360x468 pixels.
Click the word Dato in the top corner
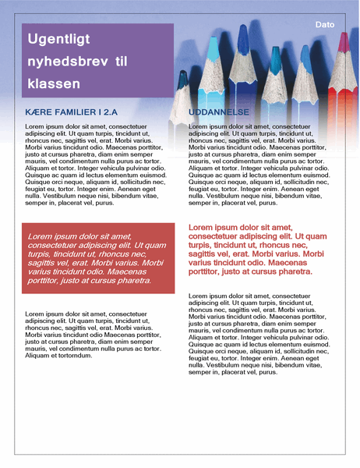click(x=325, y=25)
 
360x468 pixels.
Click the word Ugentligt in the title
click(x=58, y=39)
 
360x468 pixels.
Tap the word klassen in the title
click(x=53, y=83)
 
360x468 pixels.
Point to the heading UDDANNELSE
click(x=219, y=112)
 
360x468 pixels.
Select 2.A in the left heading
click(x=125, y=112)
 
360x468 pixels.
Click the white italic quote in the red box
click(x=94, y=257)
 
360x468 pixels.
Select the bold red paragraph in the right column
click(x=257, y=250)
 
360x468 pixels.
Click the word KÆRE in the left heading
click(x=39, y=112)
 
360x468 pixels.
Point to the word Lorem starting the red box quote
click(x=41, y=236)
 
